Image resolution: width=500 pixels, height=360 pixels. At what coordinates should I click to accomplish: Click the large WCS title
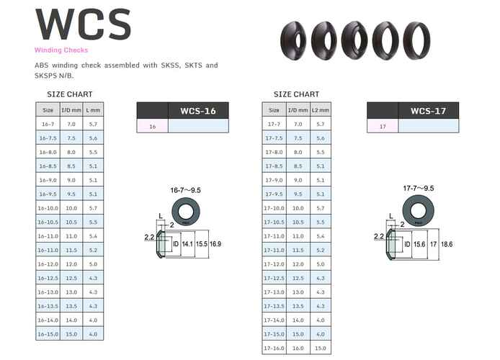coord(84,24)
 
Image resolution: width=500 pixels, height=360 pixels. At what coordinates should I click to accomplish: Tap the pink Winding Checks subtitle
coord(61,50)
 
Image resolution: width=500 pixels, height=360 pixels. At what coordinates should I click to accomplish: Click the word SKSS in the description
coord(170,66)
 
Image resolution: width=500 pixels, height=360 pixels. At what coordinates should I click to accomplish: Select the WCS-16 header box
coord(197,110)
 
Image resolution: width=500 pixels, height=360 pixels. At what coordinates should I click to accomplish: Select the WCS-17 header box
coord(428,110)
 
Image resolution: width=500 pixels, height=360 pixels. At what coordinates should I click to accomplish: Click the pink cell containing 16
coord(152,126)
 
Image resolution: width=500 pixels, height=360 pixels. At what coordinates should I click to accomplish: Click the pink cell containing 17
coord(383,126)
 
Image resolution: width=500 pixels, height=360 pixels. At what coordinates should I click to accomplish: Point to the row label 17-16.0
coord(274,348)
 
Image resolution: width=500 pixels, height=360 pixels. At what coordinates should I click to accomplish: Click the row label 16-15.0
coord(48,334)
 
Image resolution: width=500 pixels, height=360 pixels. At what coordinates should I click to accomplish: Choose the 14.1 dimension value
coord(187,245)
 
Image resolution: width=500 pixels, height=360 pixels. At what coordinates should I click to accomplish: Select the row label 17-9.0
coord(274,180)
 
